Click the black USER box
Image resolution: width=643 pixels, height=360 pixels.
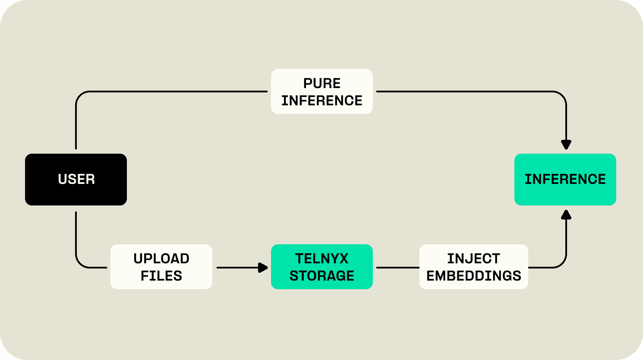(x=76, y=180)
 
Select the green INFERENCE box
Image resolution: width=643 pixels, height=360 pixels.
(x=565, y=180)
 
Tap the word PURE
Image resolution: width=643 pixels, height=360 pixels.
(x=322, y=83)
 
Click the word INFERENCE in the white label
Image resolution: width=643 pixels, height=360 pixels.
(x=322, y=101)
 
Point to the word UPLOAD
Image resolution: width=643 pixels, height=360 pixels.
(x=161, y=259)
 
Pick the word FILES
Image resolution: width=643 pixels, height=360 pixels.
(x=161, y=276)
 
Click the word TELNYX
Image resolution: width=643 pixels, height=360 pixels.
(x=322, y=259)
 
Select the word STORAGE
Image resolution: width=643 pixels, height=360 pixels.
(x=322, y=276)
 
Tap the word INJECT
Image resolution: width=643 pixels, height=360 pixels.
(x=473, y=259)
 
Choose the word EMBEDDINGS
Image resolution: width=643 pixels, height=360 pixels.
(x=473, y=276)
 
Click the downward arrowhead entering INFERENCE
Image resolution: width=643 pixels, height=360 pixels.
(x=566, y=145)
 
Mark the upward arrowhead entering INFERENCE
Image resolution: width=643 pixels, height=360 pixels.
(x=566, y=215)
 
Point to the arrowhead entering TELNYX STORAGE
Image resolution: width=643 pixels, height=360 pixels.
(x=263, y=268)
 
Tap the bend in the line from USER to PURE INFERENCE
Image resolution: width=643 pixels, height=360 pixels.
(x=80, y=95)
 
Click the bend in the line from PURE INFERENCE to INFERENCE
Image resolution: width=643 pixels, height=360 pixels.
(x=562, y=95)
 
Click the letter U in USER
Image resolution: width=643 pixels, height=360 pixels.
(x=62, y=179)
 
